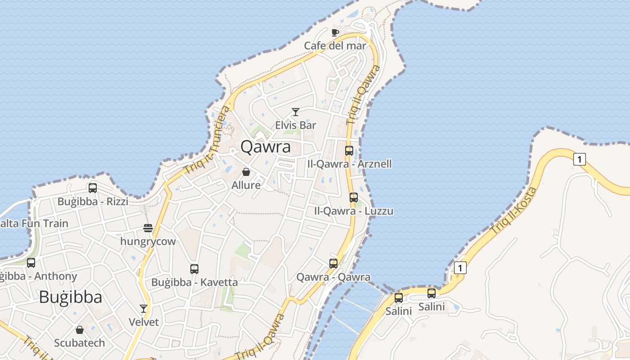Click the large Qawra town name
pos(265,147)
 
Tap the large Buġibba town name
pos(70,297)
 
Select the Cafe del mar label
pos(335,45)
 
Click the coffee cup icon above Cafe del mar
pos(335,32)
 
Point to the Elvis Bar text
pos(296,125)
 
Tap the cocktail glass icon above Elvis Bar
pos(296,112)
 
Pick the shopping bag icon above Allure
pos(246,172)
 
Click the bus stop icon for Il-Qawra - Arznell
pos(349,151)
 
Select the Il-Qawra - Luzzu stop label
pos(354,211)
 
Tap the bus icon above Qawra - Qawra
pos(333,264)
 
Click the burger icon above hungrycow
pos(148,228)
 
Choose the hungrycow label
pos(148,242)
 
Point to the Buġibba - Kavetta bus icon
pos(194,269)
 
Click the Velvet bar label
pos(144,322)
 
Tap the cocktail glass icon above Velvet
pos(144,309)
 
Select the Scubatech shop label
pos(80,343)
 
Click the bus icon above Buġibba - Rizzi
pos(93,188)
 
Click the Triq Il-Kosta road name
pos(513,210)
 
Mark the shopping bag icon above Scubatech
pos(80,330)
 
